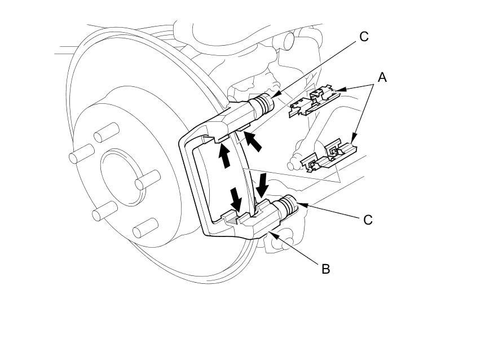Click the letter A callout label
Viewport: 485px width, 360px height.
382,77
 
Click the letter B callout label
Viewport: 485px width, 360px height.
325,269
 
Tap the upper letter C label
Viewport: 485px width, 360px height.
364,37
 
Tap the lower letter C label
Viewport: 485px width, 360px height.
368,219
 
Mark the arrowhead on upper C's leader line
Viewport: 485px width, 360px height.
271,98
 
